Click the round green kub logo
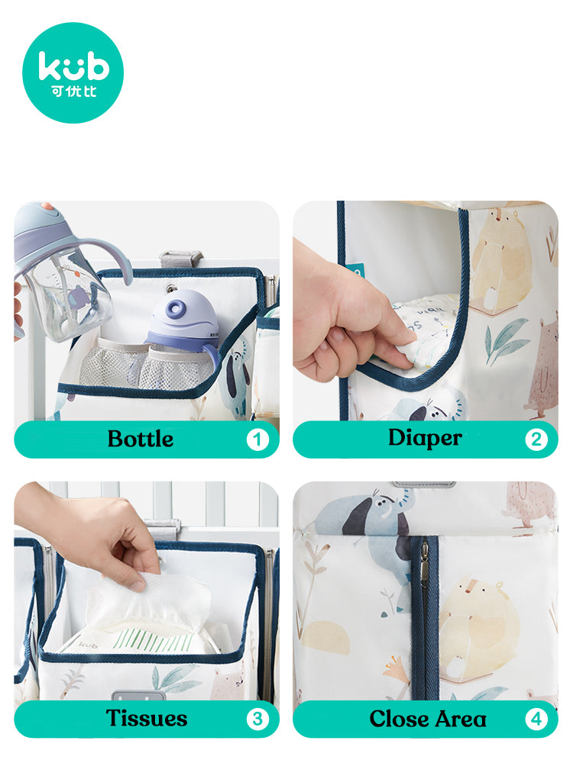[73, 72]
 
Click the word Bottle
[141, 439]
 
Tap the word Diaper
[425, 438]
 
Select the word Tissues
[147, 718]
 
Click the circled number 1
[257, 439]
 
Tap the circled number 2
[536, 439]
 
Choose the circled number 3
[257, 719]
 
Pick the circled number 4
[536, 719]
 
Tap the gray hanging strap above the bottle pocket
[180, 258]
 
